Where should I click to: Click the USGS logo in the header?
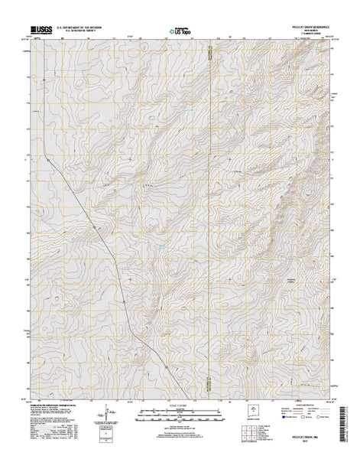point(41,31)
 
